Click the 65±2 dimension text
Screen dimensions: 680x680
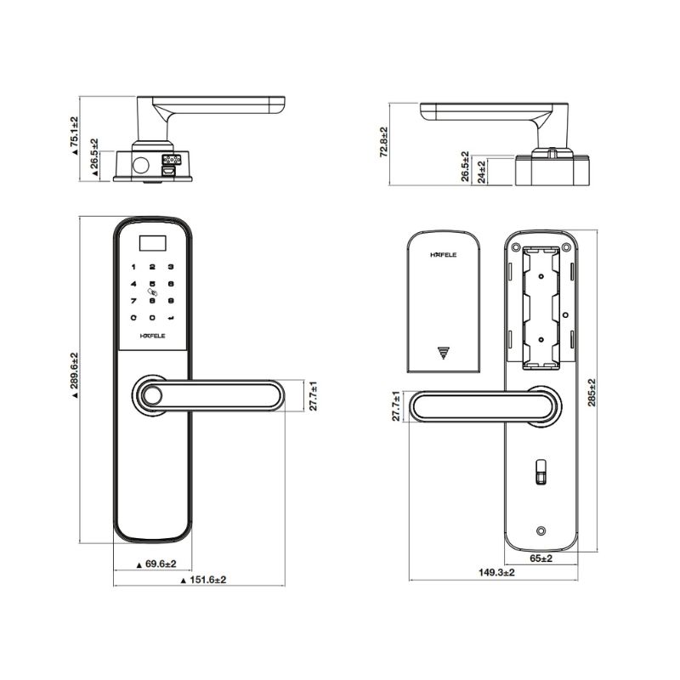click(x=541, y=558)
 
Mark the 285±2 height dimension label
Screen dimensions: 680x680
click(x=592, y=393)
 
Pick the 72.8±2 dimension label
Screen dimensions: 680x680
click(x=384, y=142)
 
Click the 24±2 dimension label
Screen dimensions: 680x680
click(x=482, y=172)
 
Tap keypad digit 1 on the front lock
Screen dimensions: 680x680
click(x=133, y=267)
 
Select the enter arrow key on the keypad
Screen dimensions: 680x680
click(x=171, y=318)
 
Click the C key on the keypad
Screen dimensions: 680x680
click(x=133, y=318)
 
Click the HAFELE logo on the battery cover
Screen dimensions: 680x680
click(x=443, y=253)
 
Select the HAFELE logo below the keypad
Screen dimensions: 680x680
click(x=152, y=337)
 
